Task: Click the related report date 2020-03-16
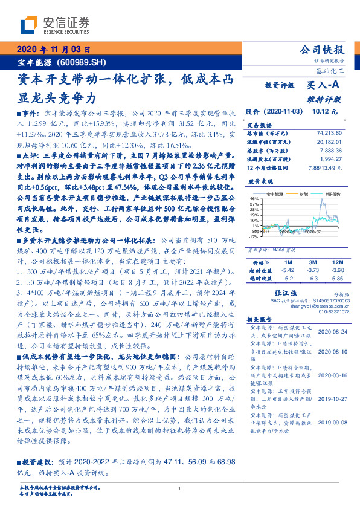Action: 331,374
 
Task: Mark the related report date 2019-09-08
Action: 331,423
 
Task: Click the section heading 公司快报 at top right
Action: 323,50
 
